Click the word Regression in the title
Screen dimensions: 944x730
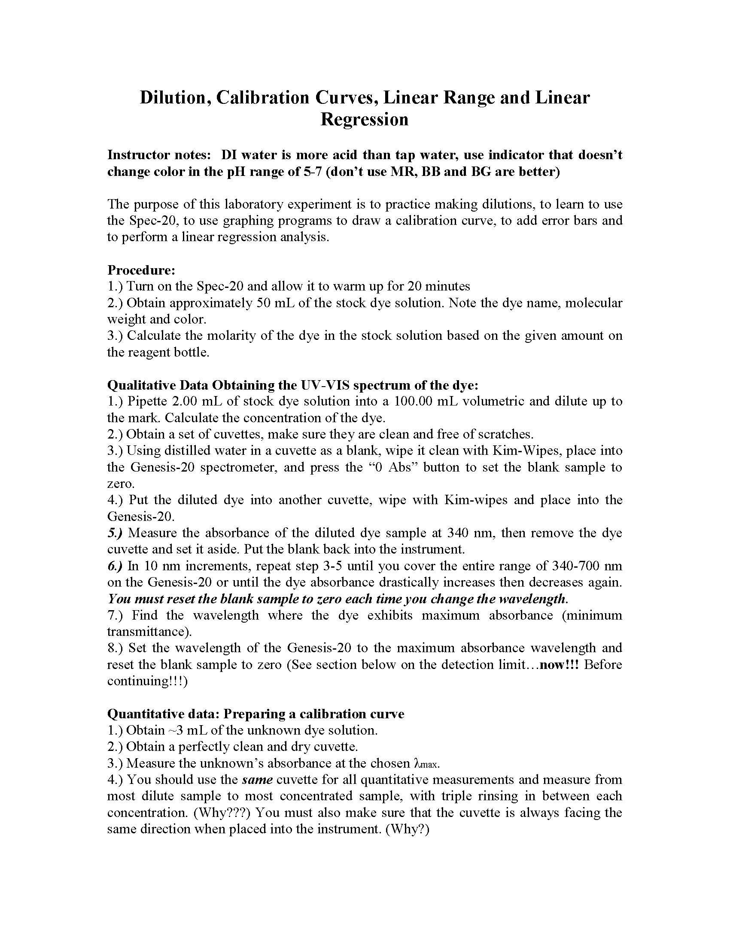tap(364, 119)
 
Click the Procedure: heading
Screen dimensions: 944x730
tap(141, 270)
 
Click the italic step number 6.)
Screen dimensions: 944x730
tap(115, 566)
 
